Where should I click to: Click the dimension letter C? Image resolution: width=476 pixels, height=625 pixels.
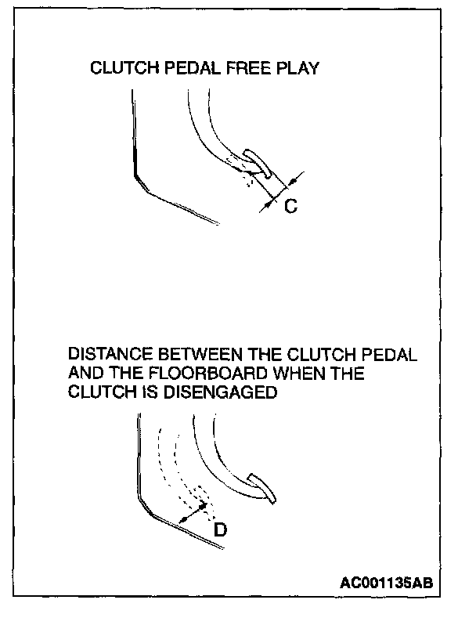pos(290,207)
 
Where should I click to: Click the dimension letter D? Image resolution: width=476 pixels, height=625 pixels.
pos(221,530)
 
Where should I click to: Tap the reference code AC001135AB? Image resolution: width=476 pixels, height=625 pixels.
pos(387,583)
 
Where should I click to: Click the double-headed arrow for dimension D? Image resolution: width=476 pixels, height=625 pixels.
pos(192,514)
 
